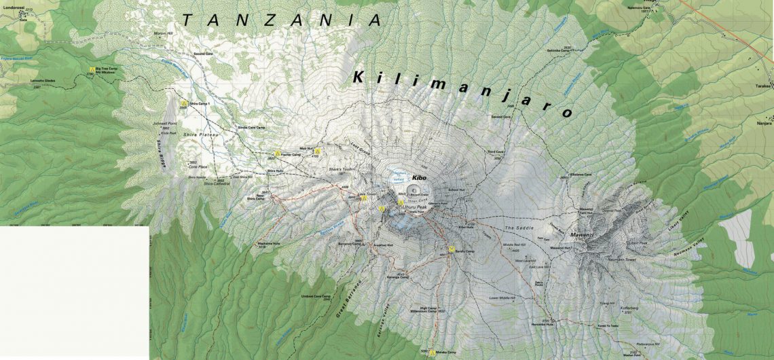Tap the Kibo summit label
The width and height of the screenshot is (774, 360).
pos(418,177)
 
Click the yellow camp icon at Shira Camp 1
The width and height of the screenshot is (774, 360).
pos(183,103)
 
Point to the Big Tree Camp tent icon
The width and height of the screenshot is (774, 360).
pos(92,70)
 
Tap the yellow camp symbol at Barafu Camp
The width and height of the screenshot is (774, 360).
pos(450,249)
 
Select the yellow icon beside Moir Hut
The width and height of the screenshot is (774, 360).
pos(317,151)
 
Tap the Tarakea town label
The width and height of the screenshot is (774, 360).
pos(764,86)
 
